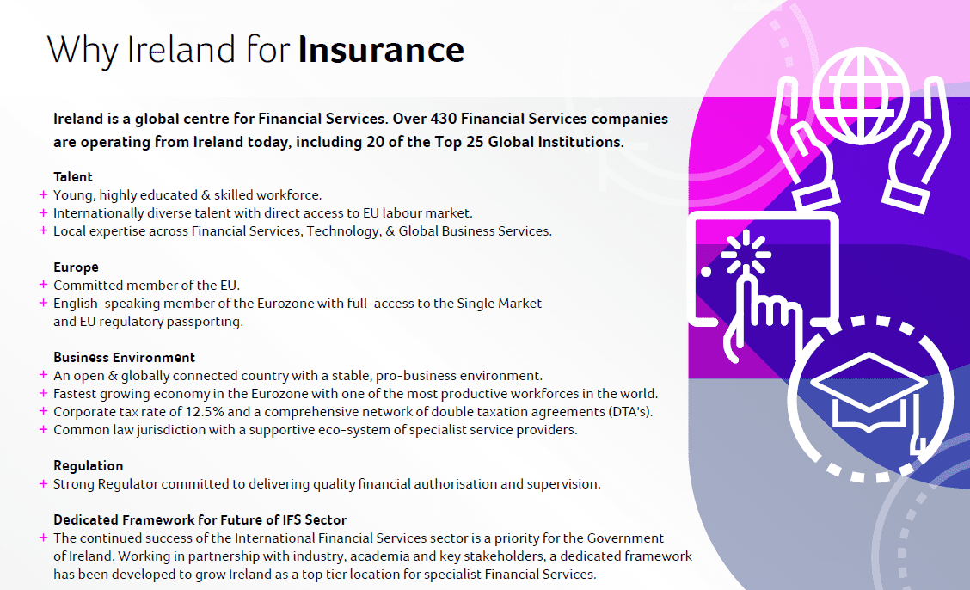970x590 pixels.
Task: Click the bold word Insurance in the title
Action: click(381, 50)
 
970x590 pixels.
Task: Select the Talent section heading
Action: click(73, 177)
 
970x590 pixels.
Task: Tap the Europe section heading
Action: click(76, 267)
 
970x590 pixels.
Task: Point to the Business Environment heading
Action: click(125, 358)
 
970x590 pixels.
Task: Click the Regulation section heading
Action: click(89, 465)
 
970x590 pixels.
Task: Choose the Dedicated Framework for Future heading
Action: click(200, 519)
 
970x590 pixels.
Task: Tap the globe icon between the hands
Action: click(861, 95)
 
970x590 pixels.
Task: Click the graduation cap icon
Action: click(869, 392)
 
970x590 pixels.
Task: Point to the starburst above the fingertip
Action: click(746, 253)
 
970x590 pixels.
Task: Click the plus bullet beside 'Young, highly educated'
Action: click(43, 195)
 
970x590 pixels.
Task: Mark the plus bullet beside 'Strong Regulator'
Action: click(43, 483)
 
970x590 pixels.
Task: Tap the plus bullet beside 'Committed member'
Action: click(43, 285)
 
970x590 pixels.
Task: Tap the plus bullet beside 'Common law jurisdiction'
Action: click(43, 430)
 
